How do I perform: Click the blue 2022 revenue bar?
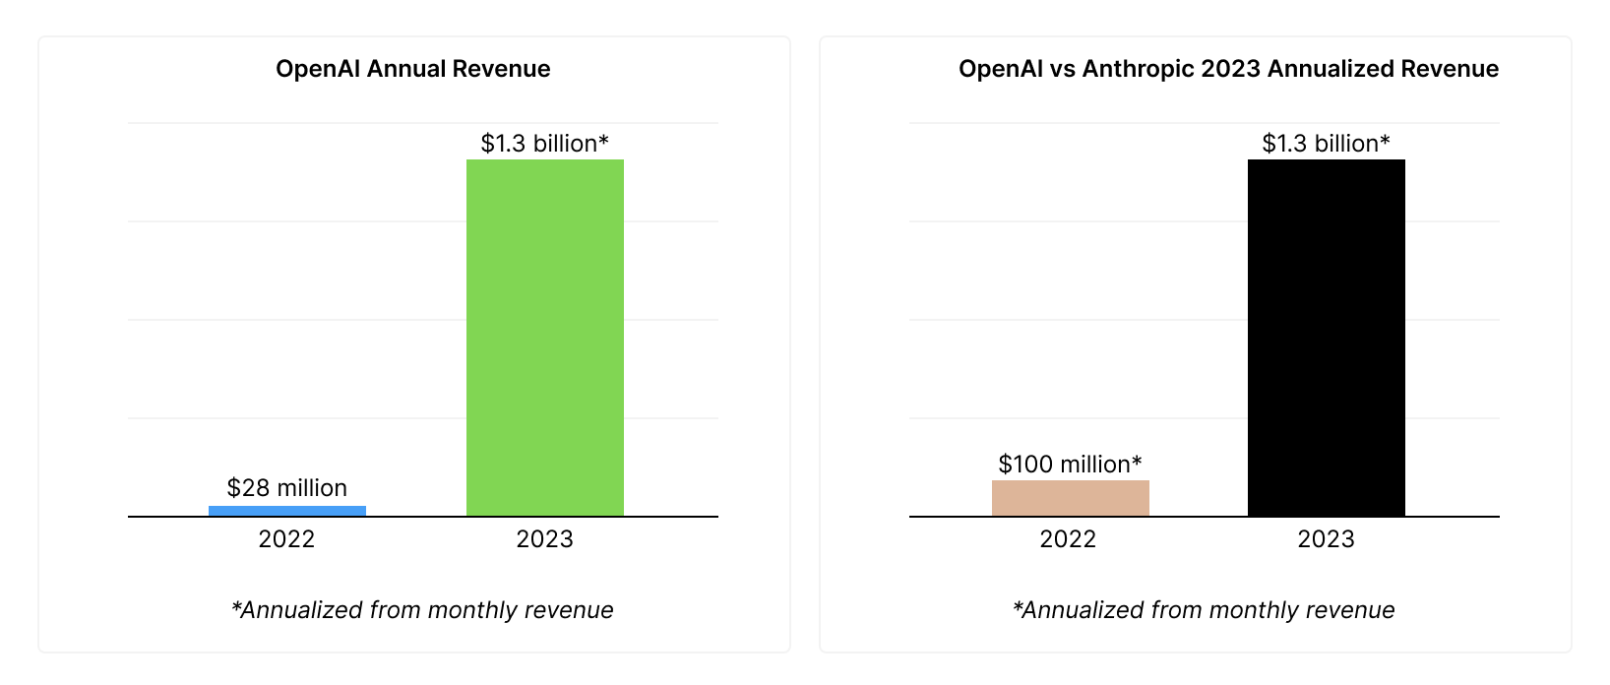pos(286,511)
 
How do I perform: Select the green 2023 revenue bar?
pos(544,338)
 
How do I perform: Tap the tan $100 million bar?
pos(1070,498)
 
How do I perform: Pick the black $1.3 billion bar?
pos(1326,338)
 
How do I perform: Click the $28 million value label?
pos(286,488)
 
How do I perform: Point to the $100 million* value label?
pos(1070,464)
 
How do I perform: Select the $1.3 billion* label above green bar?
pos(544,144)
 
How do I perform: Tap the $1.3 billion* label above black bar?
pos(1326,144)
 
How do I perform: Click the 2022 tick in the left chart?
pos(286,539)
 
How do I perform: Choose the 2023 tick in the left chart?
pos(544,539)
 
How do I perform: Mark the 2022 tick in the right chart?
pos(1068,539)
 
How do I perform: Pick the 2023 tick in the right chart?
pos(1326,539)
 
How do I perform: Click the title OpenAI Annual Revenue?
pos(412,69)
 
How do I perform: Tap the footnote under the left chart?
pos(421,610)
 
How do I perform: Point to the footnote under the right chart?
pos(1203,610)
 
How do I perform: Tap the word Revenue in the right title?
pos(1450,69)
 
